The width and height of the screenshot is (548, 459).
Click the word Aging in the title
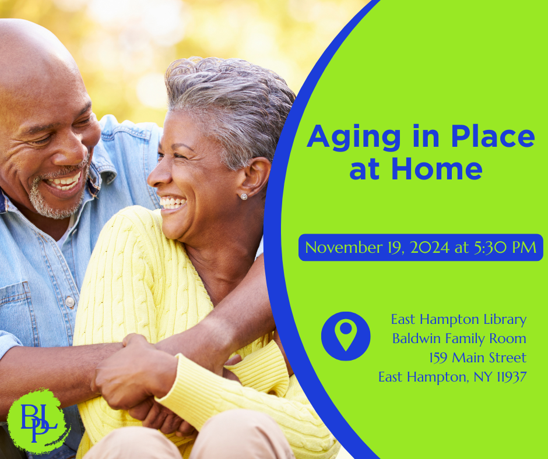(x=353, y=137)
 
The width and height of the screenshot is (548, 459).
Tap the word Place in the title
(x=493, y=136)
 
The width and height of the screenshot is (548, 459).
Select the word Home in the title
(x=437, y=168)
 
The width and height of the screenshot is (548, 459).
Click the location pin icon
(x=346, y=336)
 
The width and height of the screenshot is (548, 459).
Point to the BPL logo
(x=38, y=421)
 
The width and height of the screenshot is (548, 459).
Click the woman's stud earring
(x=244, y=197)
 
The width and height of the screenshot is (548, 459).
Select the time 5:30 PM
(x=505, y=248)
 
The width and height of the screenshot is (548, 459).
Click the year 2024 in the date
(x=430, y=248)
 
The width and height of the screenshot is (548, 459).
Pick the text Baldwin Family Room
(x=459, y=338)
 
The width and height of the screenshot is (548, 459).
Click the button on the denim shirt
(x=70, y=302)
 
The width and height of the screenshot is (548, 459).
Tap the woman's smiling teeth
(x=173, y=203)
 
